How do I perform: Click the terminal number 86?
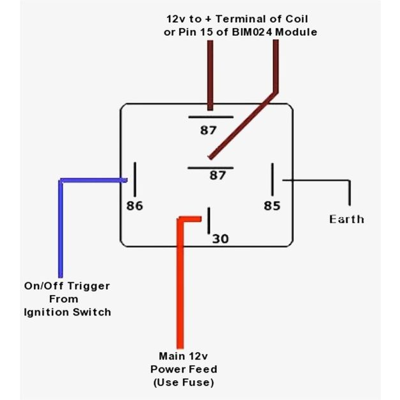click(x=135, y=206)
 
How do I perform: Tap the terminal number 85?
click(x=272, y=206)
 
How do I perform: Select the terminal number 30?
click(x=220, y=239)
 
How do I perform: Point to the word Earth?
click(x=346, y=220)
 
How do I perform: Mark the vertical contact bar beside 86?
click(x=134, y=179)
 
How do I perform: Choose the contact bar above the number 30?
click(x=209, y=221)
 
